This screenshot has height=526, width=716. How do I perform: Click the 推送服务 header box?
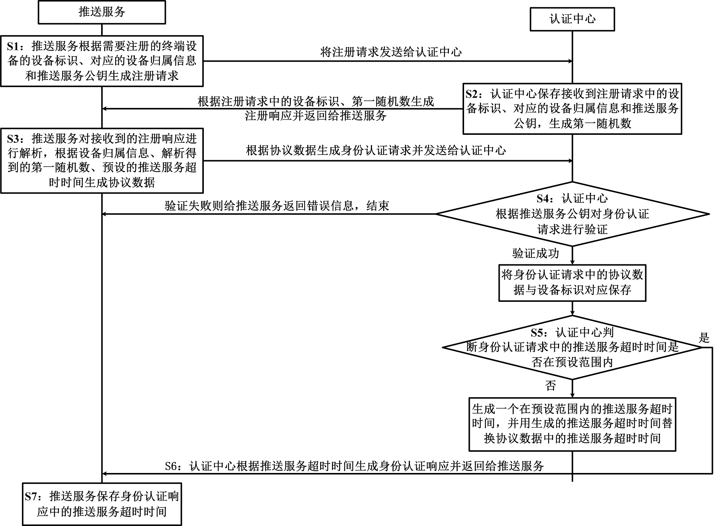pos(102,12)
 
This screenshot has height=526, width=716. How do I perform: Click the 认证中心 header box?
pos(572,19)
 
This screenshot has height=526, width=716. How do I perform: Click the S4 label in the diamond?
pos(546,198)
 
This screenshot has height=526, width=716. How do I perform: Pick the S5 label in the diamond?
pos(539,332)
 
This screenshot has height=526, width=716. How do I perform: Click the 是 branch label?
pos(703,337)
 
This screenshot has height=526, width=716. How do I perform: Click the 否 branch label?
pos(550,386)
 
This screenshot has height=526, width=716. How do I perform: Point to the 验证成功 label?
pos(536,253)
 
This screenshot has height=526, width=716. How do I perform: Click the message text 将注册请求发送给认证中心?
pos(391,52)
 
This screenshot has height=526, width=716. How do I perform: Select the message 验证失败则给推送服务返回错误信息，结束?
pos(277,206)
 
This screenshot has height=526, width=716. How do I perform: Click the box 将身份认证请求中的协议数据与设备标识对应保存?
pos(572,283)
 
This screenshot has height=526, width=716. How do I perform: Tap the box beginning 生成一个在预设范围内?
pos(572,424)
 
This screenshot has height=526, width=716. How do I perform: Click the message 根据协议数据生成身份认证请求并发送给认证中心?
pos(376,150)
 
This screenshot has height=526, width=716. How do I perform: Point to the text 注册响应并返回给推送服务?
pos(316,116)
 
